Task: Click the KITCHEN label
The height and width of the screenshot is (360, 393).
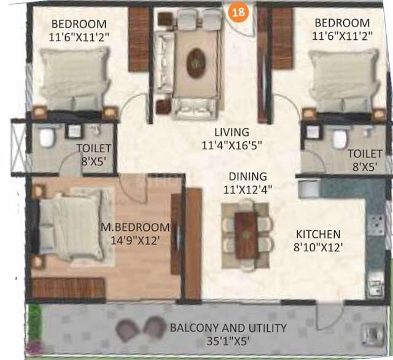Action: pos(318,235)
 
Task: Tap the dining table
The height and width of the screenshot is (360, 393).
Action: pos(246,234)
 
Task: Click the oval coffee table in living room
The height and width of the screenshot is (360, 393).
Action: pos(196,62)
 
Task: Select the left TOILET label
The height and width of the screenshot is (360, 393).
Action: pos(94,148)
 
